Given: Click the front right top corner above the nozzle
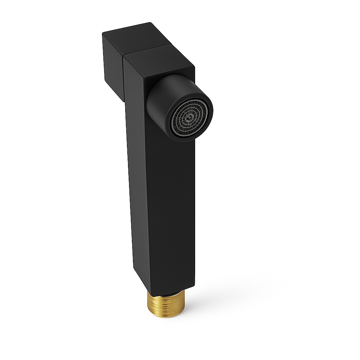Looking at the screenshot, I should click(x=194, y=66).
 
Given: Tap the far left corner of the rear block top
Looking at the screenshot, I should click(x=103, y=33).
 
